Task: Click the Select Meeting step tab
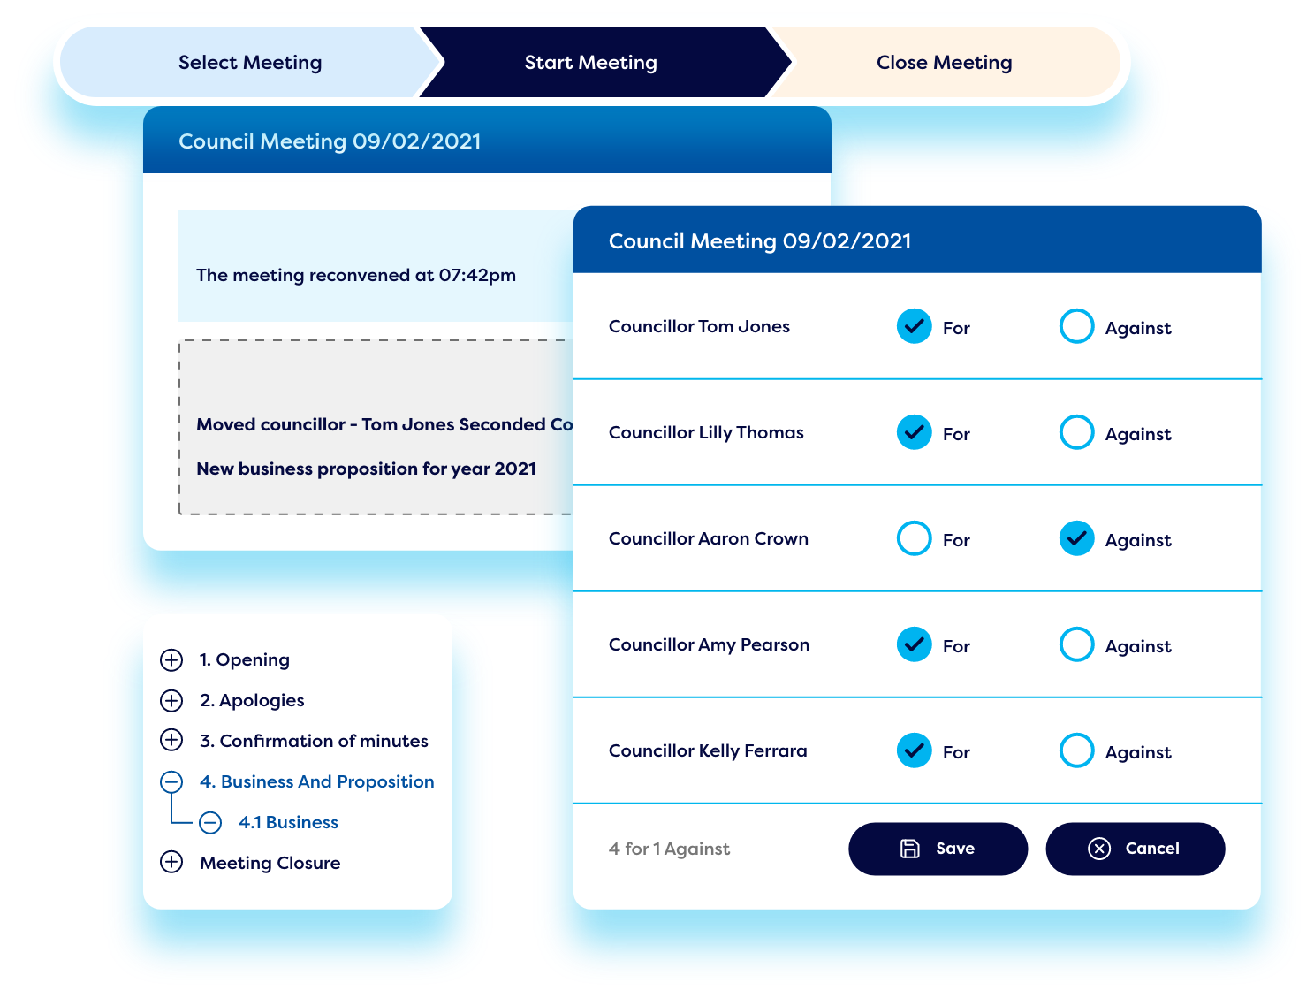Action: coord(250,62)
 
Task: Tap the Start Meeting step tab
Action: coord(590,62)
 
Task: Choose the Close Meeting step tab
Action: coord(944,62)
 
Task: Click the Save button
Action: coord(938,849)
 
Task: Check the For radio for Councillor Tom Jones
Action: coord(914,326)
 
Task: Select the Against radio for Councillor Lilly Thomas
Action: coord(1076,432)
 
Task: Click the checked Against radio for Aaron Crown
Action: coord(1076,538)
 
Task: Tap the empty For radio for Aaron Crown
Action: coord(914,538)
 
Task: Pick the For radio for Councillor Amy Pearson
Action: coord(914,644)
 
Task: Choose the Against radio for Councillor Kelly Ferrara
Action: coord(1076,750)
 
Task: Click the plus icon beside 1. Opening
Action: coord(171,659)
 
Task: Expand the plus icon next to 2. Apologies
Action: coord(171,700)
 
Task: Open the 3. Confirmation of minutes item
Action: coord(314,741)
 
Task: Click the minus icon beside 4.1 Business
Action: coord(210,822)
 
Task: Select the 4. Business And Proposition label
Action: coord(316,781)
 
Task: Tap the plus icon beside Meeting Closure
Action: coord(171,862)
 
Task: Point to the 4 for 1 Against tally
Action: coord(669,849)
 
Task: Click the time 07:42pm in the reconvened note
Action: coord(476,275)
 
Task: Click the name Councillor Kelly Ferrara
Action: coord(708,750)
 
